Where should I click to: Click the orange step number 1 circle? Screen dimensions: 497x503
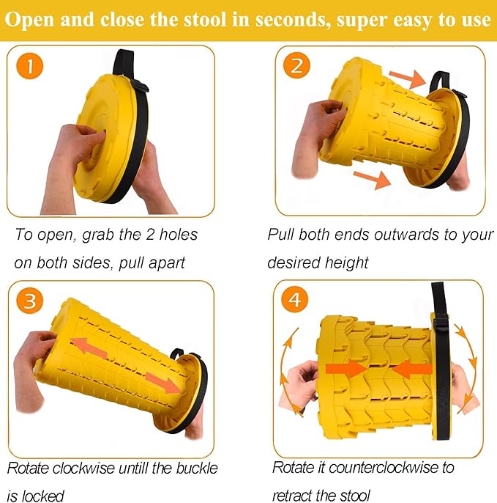click(29, 66)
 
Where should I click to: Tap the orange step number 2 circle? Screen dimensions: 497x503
click(297, 65)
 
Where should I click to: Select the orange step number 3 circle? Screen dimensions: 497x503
click(30, 301)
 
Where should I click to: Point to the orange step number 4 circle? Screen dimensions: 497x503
click(295, 299)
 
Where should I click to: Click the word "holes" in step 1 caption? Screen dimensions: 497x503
click(179, 235)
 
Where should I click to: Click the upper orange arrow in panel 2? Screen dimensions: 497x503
click(408, 78)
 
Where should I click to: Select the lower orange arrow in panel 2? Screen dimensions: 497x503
click(372, 179)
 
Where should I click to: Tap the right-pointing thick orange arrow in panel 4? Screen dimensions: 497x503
click(346, 369)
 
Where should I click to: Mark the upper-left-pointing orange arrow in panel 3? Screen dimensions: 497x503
click(89, 349)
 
